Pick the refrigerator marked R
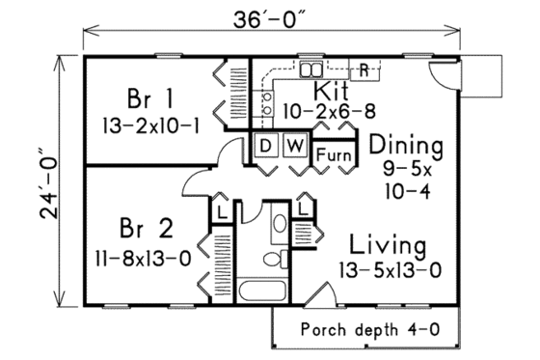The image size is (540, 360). (365, 69)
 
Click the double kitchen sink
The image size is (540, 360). (311, 69)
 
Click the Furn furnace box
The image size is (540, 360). (332, 153)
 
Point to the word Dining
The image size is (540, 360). (405, 147)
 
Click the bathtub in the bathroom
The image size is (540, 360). (261, 292)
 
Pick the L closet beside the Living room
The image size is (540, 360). (304, 208)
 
